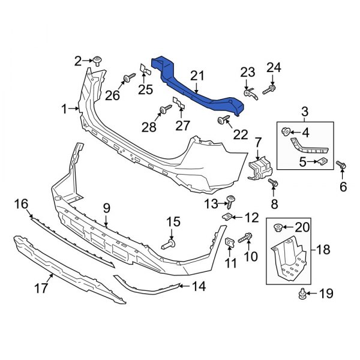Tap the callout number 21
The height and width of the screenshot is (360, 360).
pos(198,75)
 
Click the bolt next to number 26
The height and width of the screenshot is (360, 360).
pos(128,79)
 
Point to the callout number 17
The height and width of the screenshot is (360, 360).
pos(41,288)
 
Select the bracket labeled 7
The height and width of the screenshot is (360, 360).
pos(259,166)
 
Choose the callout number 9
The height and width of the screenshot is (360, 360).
pos(106,208)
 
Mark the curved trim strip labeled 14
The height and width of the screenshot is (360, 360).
pos(150,286)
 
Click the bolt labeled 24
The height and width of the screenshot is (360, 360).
pos(270,89)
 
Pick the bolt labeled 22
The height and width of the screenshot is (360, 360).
pos(223,121)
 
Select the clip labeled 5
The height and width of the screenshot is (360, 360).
pos(322,161)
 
